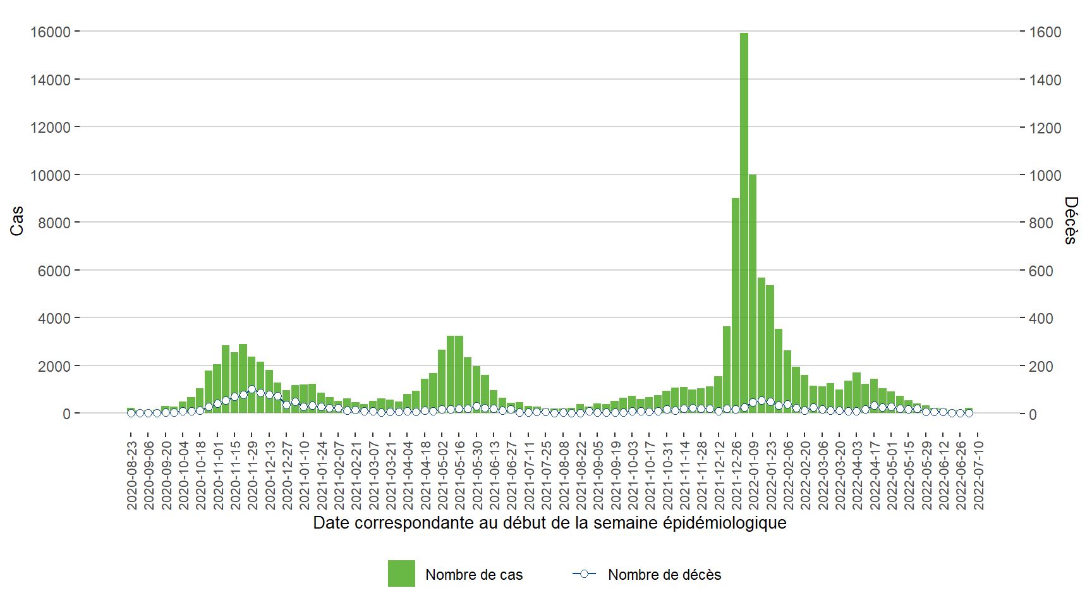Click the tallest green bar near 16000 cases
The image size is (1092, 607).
tap(744, 221)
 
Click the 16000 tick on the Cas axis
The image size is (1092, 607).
tap(50, 32)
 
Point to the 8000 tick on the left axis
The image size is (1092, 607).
tap(54, 223)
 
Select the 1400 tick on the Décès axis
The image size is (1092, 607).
tap(1045, 80)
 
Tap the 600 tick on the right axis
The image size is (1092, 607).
tap(1041, 271)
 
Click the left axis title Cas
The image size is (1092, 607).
tap(17, 221)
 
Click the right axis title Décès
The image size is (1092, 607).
tap(1071, 220)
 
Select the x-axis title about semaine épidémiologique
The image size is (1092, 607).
tap(549, 523)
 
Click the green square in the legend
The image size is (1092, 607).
tap(401, 573)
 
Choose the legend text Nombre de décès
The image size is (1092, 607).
tap(664, 575)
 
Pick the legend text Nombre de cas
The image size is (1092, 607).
tap(474, 575)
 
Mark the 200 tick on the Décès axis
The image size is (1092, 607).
tap(1041, 366)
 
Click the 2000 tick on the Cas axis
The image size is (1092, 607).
tap(54, 366)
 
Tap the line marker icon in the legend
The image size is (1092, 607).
tap(584, 573)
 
